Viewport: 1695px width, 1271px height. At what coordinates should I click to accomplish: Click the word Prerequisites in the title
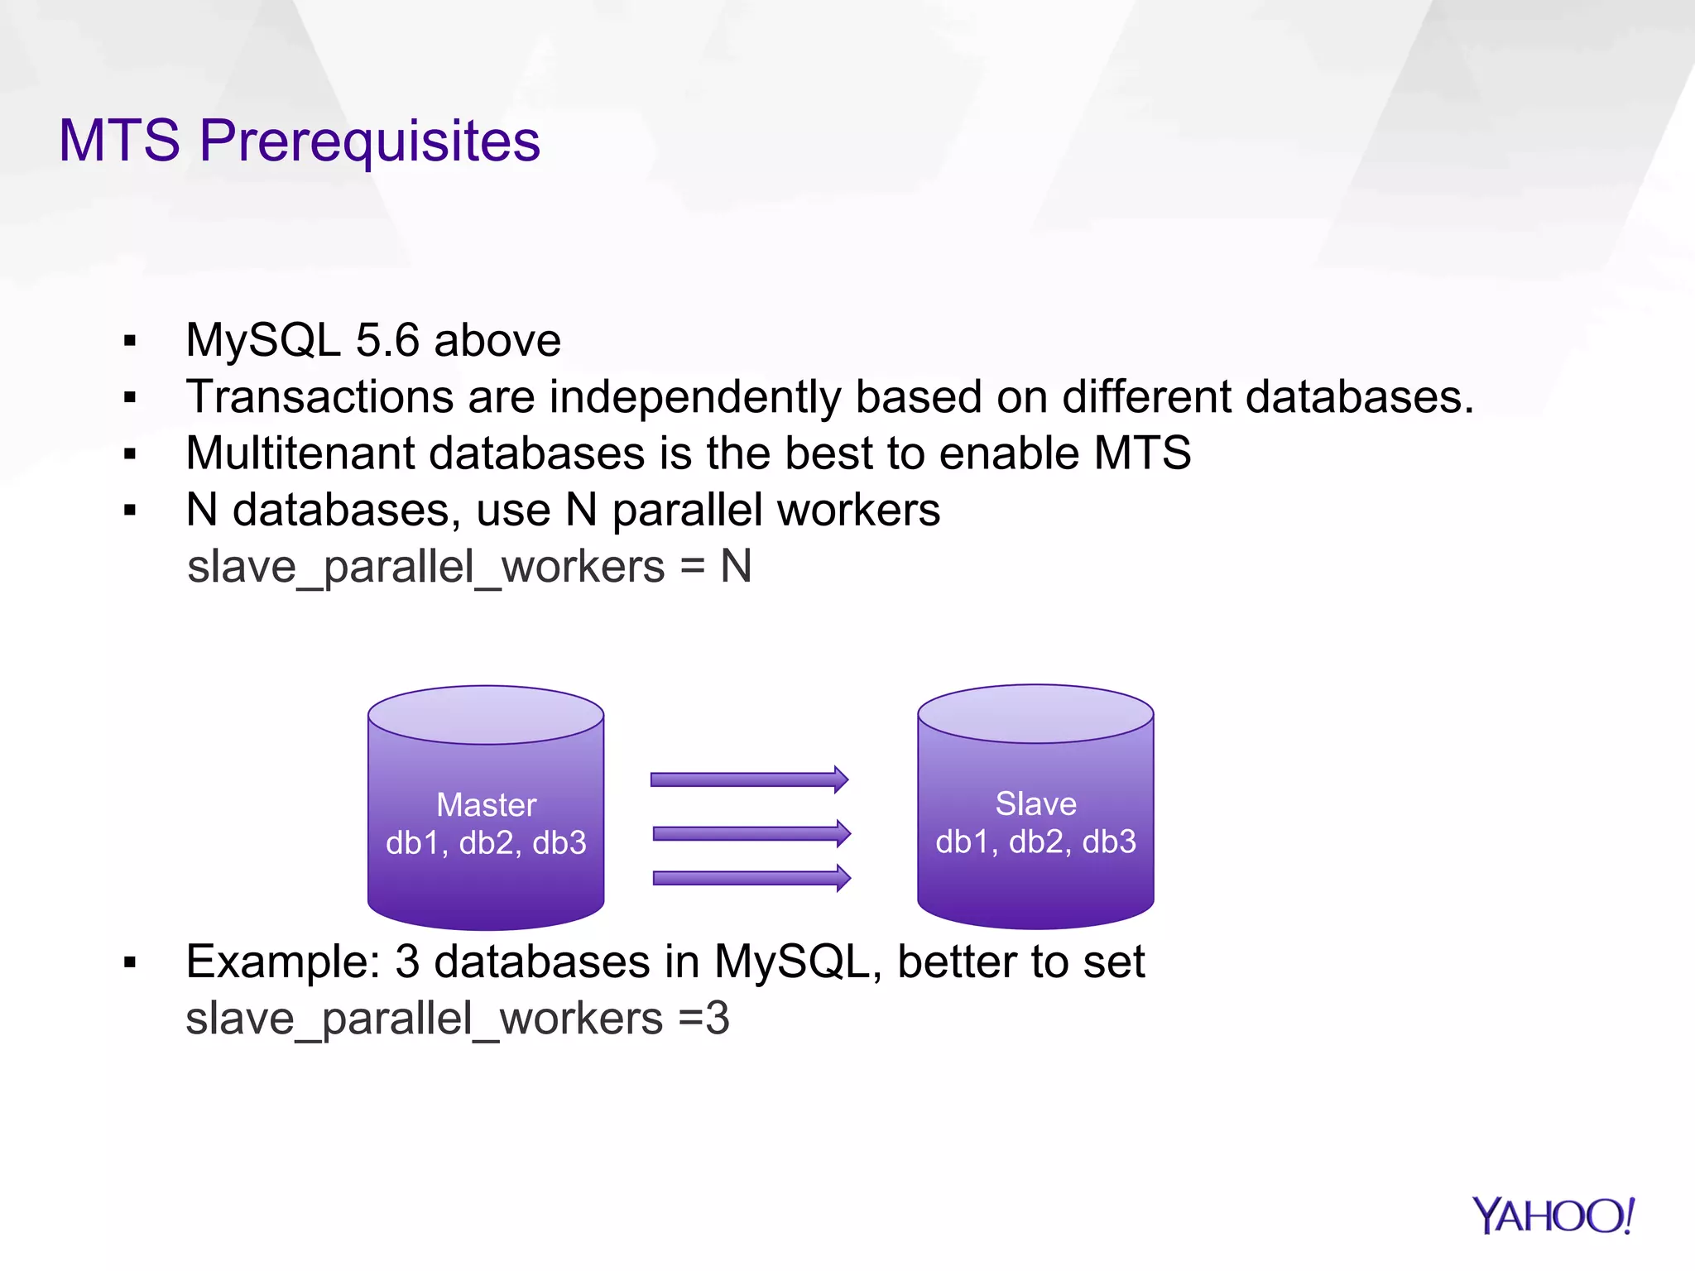tap(369, 141)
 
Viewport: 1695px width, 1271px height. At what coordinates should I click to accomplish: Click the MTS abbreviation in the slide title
tap(119, 141)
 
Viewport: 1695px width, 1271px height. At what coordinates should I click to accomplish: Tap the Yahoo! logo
tap(1553, 1216)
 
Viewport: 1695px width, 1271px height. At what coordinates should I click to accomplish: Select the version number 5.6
tap(387, 341)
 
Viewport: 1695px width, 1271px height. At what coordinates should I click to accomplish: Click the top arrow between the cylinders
tap(749, 779)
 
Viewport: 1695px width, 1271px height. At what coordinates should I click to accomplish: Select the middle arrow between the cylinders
tap(751, 833)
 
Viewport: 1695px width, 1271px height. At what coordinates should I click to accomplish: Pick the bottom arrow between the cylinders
tap(751, 878)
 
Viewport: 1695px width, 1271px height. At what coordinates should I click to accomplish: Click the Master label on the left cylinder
tap(486, 805)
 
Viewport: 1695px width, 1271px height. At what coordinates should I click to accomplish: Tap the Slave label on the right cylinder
tap(1035, 804)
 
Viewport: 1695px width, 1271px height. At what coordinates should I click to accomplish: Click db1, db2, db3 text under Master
tap(486, 843)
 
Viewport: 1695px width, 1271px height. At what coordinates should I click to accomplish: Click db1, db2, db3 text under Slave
tap(1035, 842)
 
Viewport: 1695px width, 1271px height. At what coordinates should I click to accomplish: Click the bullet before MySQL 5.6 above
tap(129, 341)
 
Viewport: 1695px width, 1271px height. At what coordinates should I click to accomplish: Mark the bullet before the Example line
tap(129, 962)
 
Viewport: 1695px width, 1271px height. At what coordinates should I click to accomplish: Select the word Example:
tap(282, 962)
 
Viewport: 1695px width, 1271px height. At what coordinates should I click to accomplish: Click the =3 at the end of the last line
tap(703, 1019)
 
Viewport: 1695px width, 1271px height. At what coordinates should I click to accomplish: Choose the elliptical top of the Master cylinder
tap(486, 715)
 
